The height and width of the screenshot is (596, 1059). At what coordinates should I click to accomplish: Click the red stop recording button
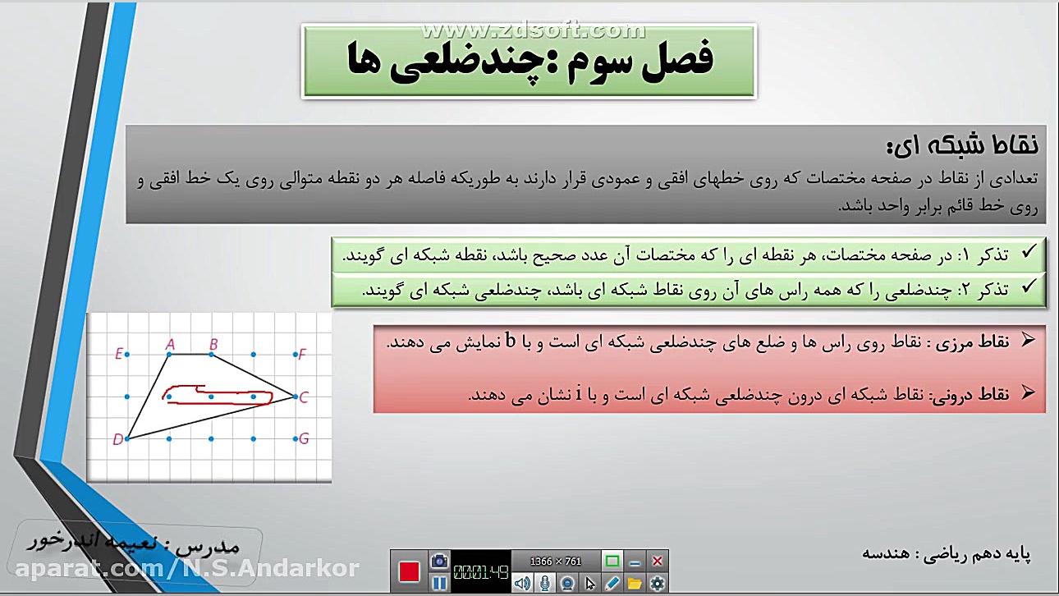(x=410, y=571)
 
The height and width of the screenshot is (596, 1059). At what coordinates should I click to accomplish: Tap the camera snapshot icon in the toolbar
(x=439, y=561)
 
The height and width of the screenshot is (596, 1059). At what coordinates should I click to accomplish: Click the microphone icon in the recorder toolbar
(x=544, y=583)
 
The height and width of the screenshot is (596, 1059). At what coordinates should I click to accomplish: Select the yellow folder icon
(x=635, y=583)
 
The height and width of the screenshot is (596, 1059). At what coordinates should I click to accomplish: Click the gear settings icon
(x=657, y=583)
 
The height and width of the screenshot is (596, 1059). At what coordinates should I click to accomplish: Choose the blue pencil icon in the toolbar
(x=612, y=583)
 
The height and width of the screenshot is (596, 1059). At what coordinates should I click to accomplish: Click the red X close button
(x=657, y=562)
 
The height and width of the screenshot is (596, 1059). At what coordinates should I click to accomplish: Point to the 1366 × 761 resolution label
(x=556, y=562)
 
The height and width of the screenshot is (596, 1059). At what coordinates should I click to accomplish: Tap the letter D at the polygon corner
(x=118, y=439)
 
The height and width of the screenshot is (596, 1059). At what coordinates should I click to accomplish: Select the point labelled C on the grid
(x=303, y=397)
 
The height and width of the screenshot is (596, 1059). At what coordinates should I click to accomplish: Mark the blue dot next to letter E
(x=127, y=355)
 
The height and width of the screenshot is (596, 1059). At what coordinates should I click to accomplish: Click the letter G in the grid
(x=304, y=438)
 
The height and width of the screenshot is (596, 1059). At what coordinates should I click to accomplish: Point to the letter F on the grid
(x=302, y=355)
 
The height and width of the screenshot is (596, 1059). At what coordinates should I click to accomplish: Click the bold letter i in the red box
(x=578, y=395)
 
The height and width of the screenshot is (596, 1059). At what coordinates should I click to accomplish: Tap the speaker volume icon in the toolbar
(x=521, y=583)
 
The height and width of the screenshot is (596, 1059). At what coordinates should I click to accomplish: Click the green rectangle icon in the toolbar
(x=612, y=562)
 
